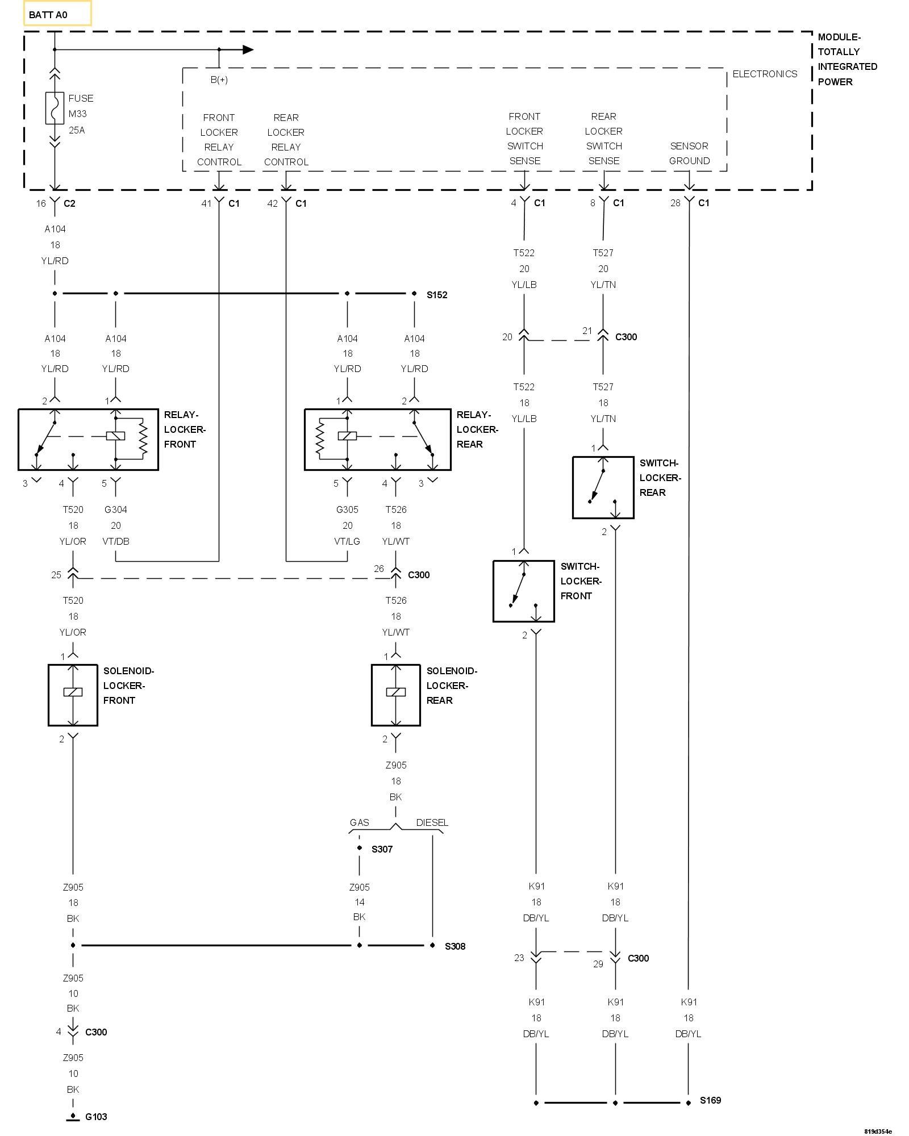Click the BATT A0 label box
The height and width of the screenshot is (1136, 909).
[x=57, y=14]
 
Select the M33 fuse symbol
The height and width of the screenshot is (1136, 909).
[x=55, y=108]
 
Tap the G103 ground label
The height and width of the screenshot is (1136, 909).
[x=96, y=1117]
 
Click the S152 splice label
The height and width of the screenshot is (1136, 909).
[x=437, y=295]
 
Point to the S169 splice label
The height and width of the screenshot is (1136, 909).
[x=710, y=1100]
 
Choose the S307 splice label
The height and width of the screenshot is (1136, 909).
[x=382, y=849]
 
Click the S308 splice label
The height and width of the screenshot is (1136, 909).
[x=454, y=946]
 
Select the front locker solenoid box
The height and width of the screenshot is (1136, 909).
[x=73, y=695]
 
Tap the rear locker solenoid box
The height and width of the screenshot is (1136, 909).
[x=396, y=695]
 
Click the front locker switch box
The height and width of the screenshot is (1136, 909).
[x=523, y=591]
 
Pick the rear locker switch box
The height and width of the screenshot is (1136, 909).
[x=603, y=487]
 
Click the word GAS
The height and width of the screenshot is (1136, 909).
[x=359, y=822]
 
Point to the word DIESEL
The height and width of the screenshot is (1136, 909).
[x=432, y=822]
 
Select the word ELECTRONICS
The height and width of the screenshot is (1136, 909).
[x=765, y=74]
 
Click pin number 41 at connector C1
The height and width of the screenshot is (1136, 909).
[x=206, y=203]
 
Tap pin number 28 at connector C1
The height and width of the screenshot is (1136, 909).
[x=675, y=203]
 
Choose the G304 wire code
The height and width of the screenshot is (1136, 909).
[x=115, y=509]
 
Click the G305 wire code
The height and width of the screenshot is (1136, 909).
[x=347, y=509]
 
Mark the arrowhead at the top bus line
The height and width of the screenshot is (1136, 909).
[x=248, y=49]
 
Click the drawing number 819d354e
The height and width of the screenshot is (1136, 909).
[x=878, y=1131]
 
